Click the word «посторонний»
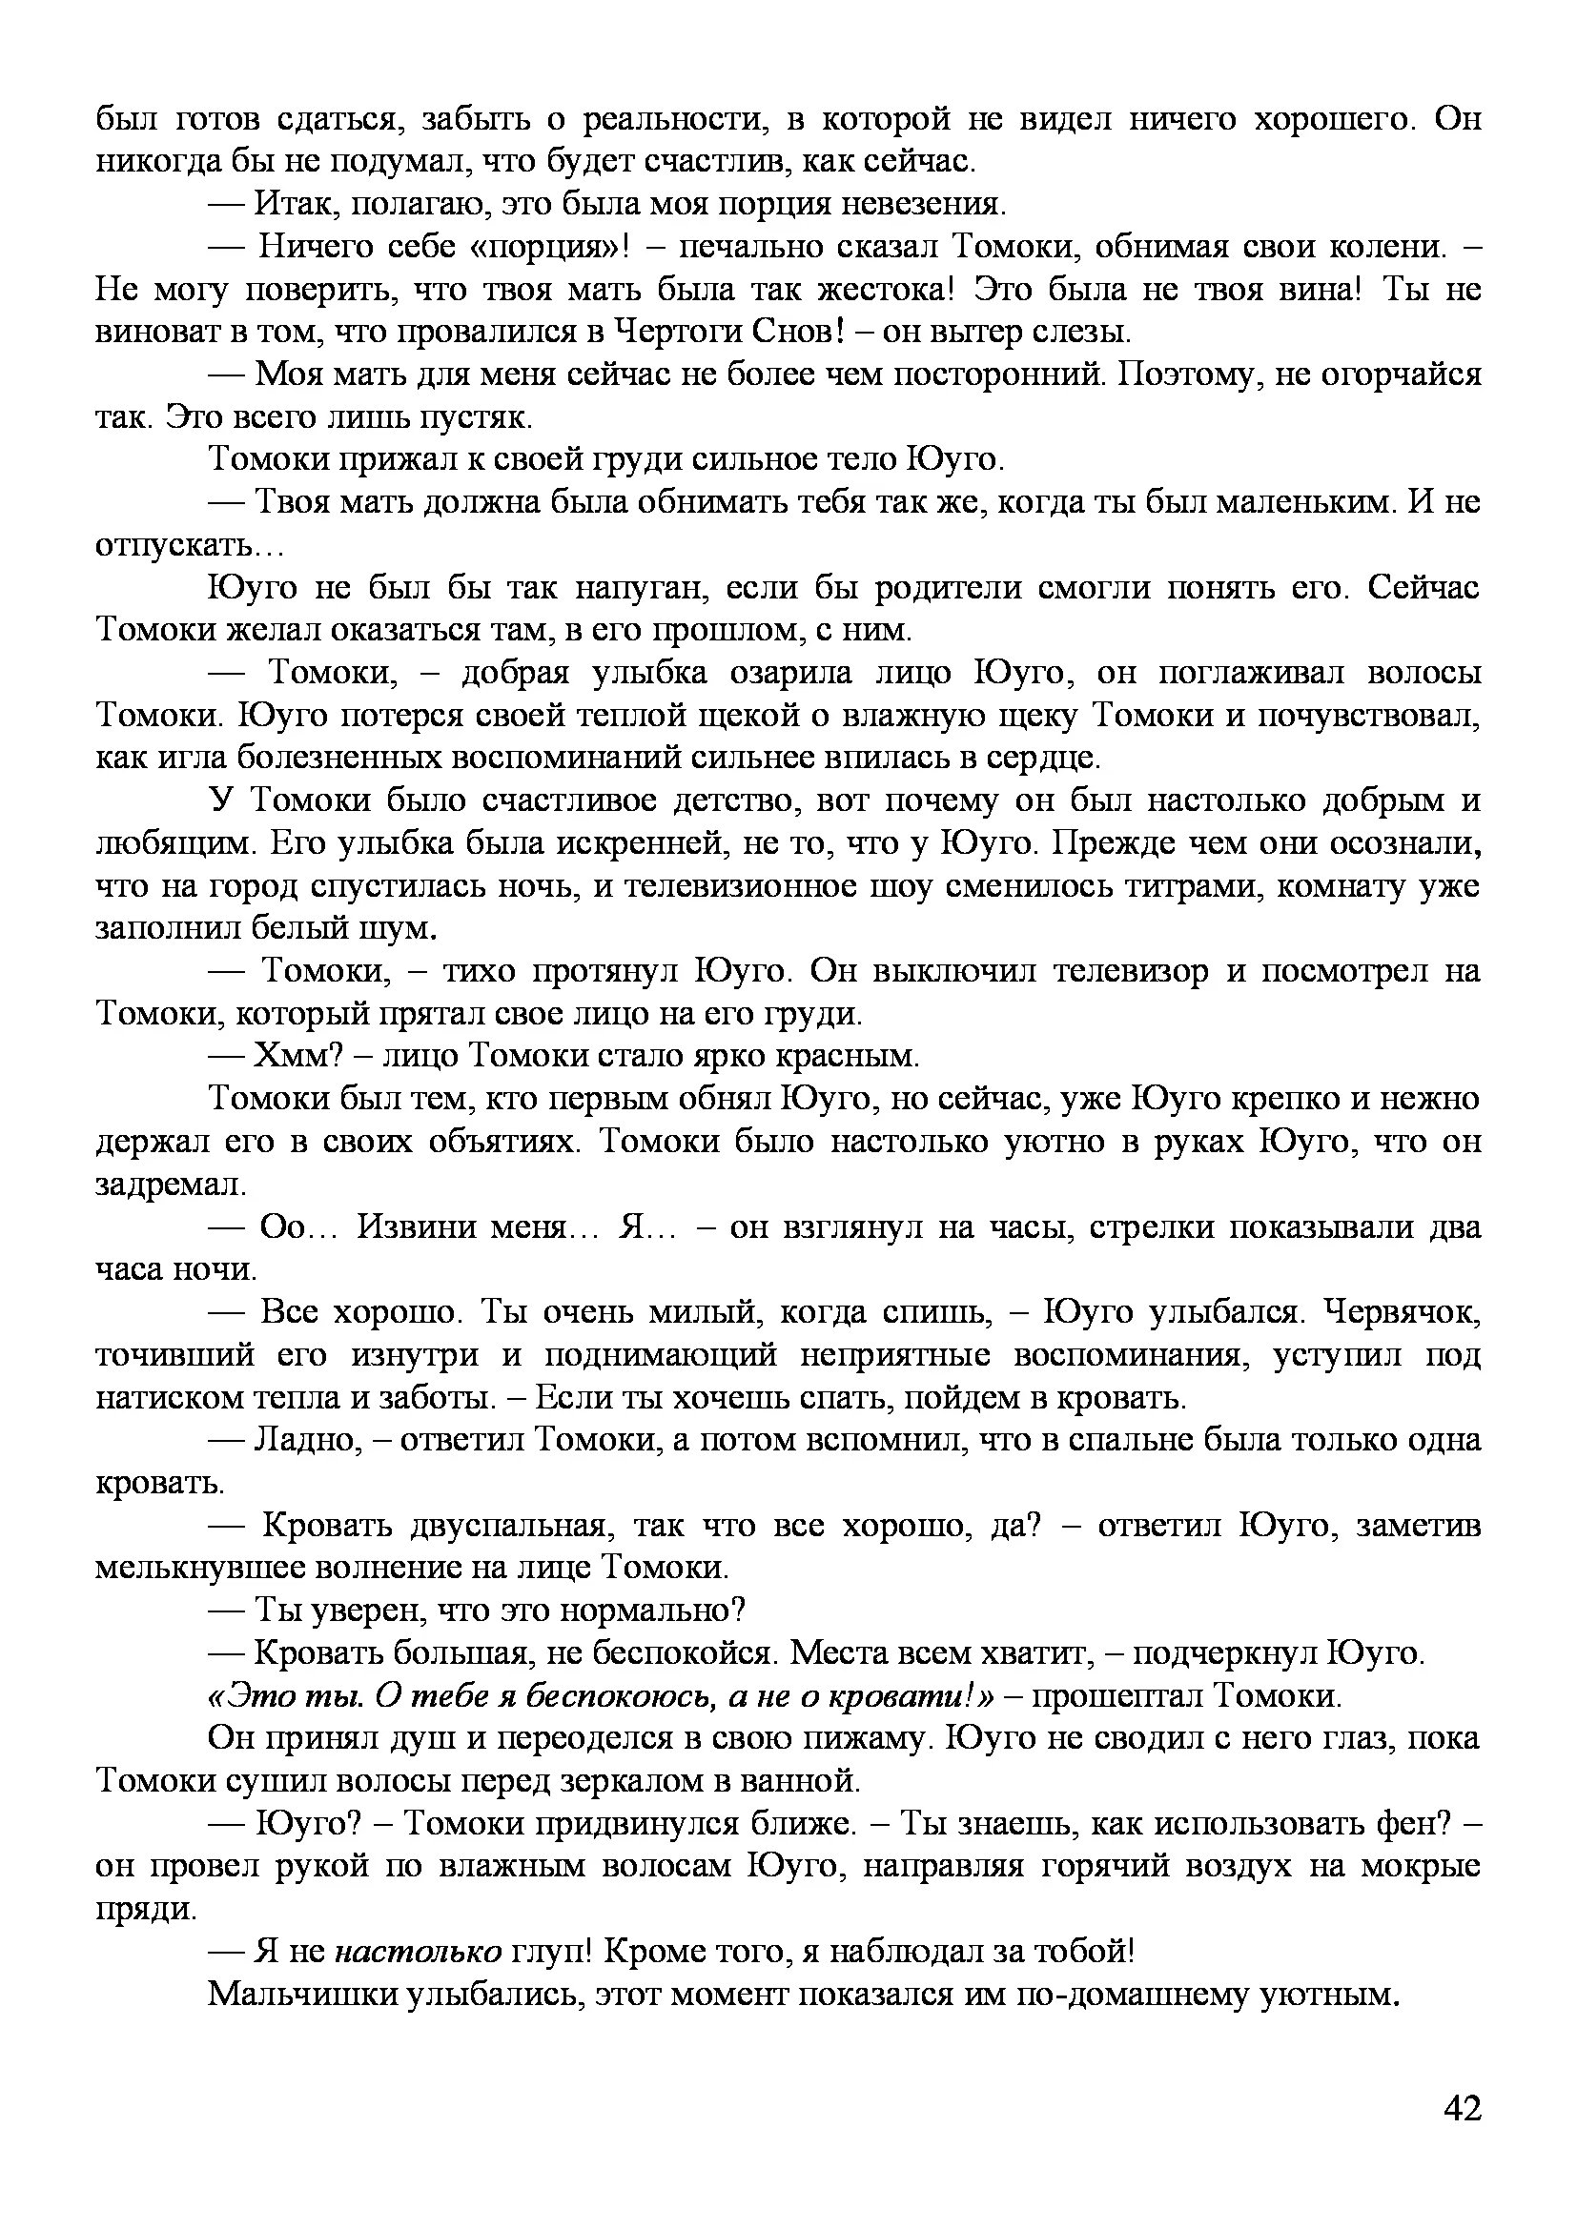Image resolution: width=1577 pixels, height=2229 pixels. [997, 375]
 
